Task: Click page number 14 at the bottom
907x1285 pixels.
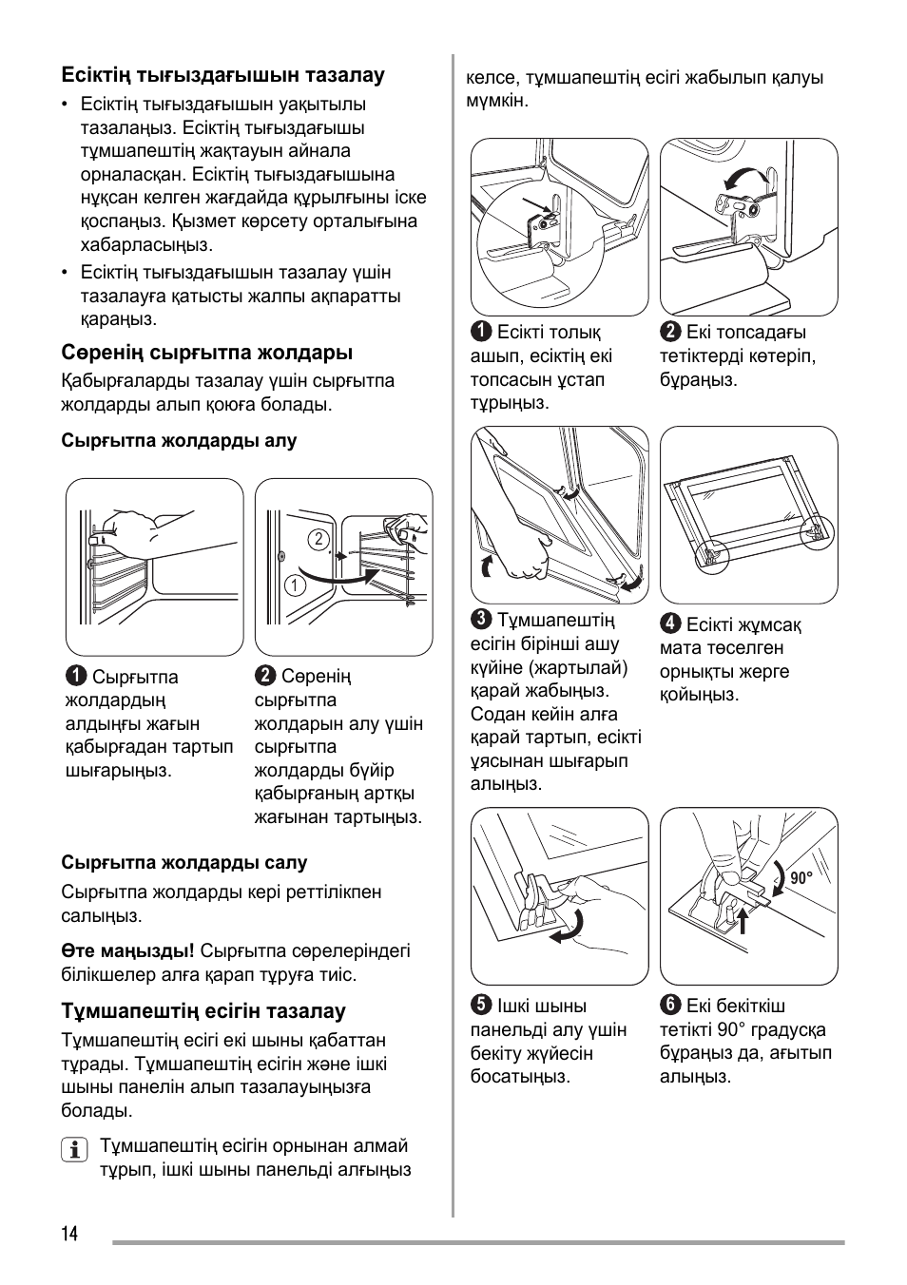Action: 70,1234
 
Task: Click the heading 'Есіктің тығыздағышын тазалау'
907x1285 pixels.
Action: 222,75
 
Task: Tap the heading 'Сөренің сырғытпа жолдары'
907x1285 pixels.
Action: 206,353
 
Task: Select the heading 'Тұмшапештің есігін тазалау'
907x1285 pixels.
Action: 203,1011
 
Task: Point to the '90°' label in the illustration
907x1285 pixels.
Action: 801,879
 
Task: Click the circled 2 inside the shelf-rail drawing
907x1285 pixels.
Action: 318,539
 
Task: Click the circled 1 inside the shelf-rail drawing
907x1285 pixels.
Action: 295,585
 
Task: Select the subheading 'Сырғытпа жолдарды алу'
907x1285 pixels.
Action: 179,441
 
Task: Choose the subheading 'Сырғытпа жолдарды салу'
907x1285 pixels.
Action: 184,863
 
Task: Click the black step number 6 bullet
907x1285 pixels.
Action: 670,1007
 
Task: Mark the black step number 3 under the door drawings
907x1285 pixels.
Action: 481,621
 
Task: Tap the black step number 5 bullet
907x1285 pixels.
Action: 481,1007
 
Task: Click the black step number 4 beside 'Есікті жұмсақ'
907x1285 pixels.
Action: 670,624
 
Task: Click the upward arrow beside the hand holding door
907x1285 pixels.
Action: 488,566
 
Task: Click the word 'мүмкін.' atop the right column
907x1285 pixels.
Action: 496,101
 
